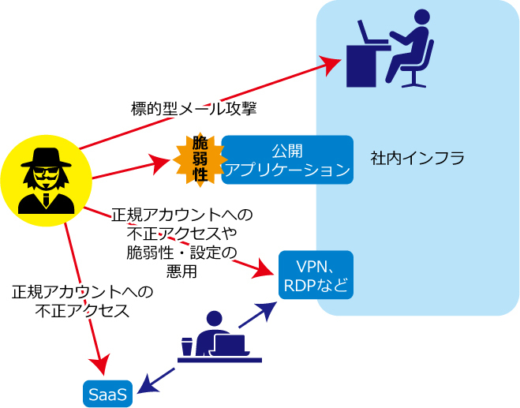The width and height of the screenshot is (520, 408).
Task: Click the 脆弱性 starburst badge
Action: pos(200,159)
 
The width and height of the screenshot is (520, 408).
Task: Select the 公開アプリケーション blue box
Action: pos(287,159)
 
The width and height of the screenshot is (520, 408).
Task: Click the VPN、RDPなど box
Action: pos(316,275)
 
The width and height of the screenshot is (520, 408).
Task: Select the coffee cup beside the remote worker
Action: pos(187,346)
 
